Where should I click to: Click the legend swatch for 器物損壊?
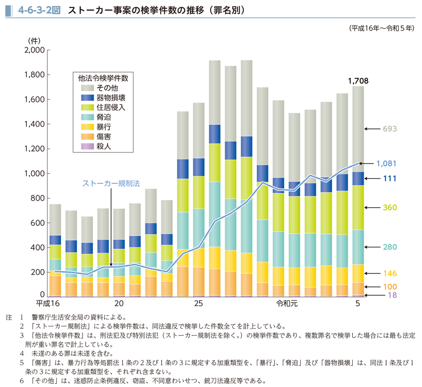click(87, 97)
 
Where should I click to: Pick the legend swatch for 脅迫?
click(87, 117)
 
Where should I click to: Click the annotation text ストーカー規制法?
click(110, 183)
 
